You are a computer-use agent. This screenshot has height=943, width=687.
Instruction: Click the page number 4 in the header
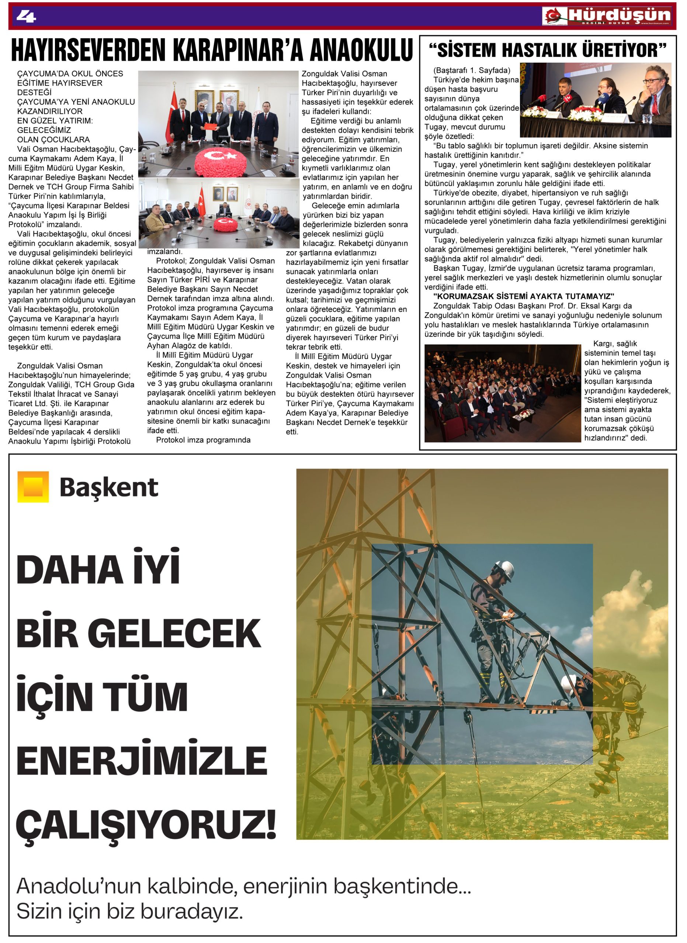point(26,16)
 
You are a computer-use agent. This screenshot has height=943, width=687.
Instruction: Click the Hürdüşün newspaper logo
point(606,16)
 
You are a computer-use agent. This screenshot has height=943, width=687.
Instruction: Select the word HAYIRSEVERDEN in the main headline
point(89,50)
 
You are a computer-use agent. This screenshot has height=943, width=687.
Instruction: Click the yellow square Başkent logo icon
point(33,487)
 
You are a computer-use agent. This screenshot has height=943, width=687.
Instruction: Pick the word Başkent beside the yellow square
point(109,487)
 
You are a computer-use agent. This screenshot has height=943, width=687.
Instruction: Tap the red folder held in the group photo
point(211,125)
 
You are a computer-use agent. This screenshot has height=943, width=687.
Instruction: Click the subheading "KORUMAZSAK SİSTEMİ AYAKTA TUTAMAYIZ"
point(524,296)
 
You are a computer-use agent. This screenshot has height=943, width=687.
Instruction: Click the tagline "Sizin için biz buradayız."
point(129,911)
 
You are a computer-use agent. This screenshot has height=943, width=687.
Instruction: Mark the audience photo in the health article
point(502,393)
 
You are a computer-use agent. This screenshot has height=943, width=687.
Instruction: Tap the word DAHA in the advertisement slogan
point(69,569)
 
